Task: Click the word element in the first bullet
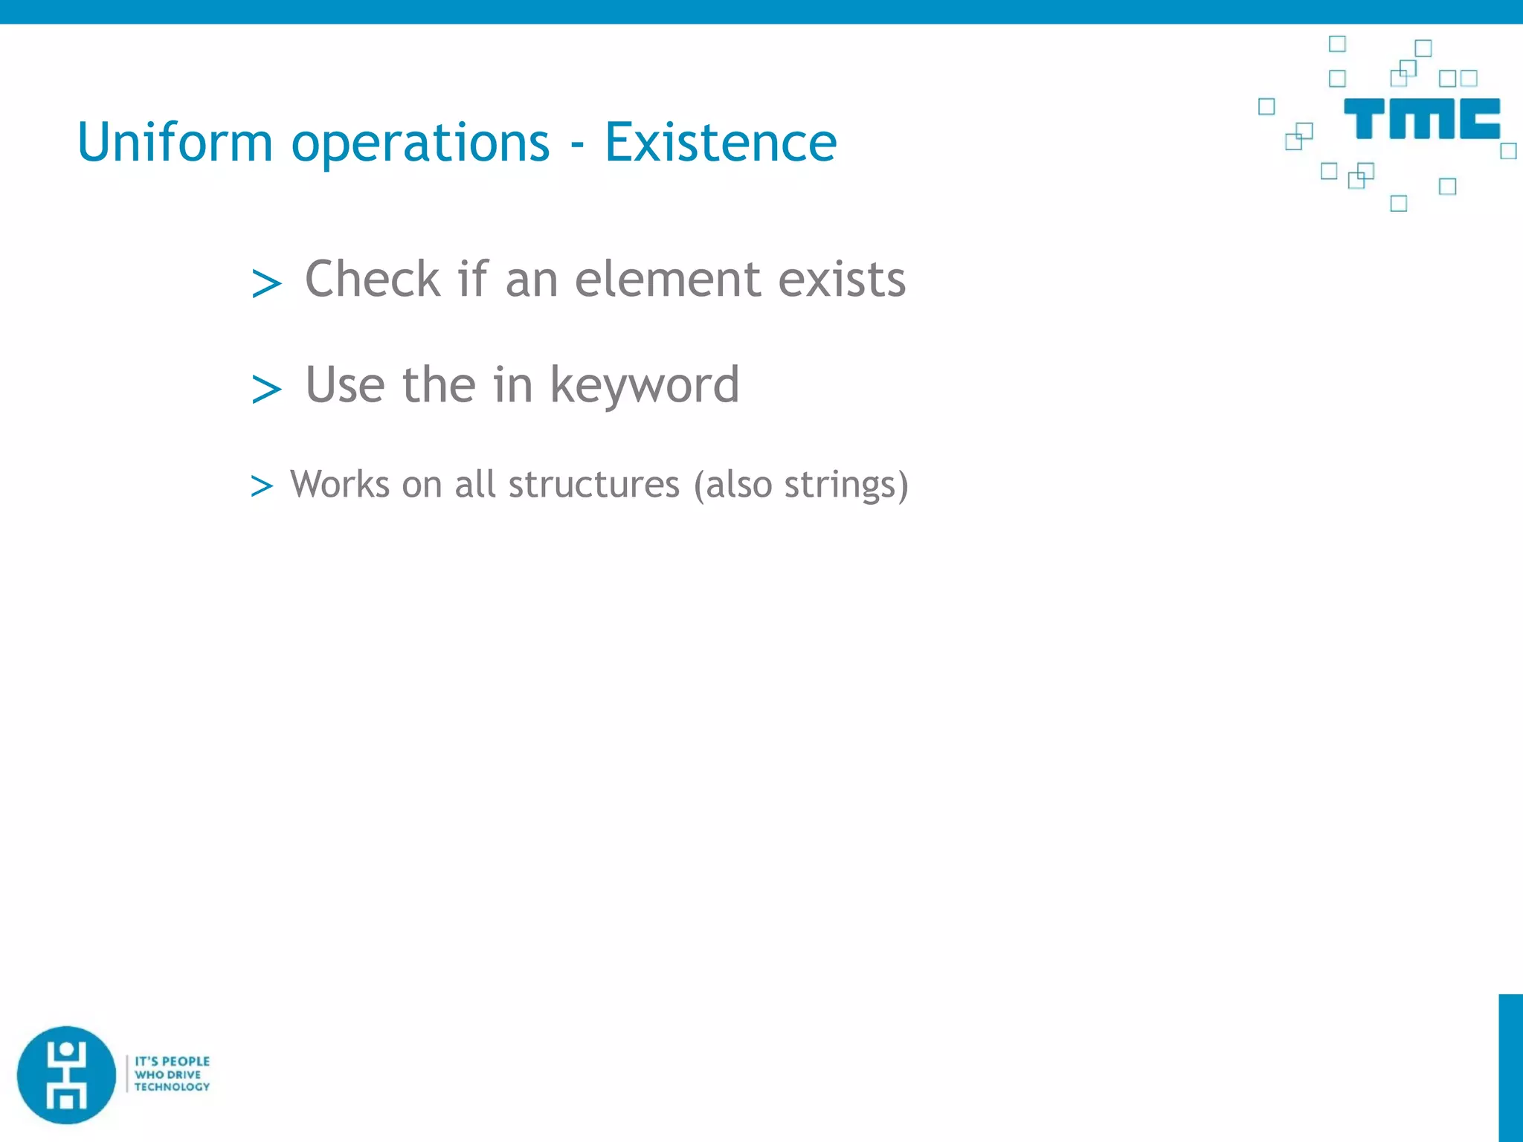[667, 280]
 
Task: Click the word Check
[373, 280]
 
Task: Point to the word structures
[593, 485]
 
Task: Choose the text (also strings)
[800, 485]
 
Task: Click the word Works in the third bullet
[340, 485]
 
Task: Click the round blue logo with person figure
[67, 1074]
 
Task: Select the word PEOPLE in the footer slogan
[186, 1061]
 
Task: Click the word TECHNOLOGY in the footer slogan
[172, 1087]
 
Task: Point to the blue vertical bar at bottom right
[1510, 1067]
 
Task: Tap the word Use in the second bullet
[344, 385]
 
